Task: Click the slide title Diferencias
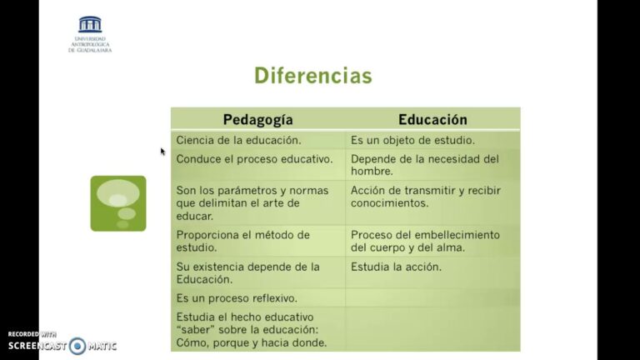point(312,77)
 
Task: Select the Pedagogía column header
point(257,119)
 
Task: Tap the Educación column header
point(432,119)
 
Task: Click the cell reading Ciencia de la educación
point(238,140)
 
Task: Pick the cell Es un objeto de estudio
point(412,140)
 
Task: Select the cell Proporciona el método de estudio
point(243,241)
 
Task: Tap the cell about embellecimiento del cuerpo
point(425,241)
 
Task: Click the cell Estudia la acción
point(396,267)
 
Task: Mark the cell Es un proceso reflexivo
point(237,297)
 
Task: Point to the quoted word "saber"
point(196,329)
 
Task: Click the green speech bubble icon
point(118,202)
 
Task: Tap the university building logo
point(90,24)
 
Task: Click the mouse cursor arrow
point(162,152)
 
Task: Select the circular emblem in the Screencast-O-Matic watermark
point(77,345)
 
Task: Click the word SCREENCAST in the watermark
point(37,345)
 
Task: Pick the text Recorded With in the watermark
point(32,333)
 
